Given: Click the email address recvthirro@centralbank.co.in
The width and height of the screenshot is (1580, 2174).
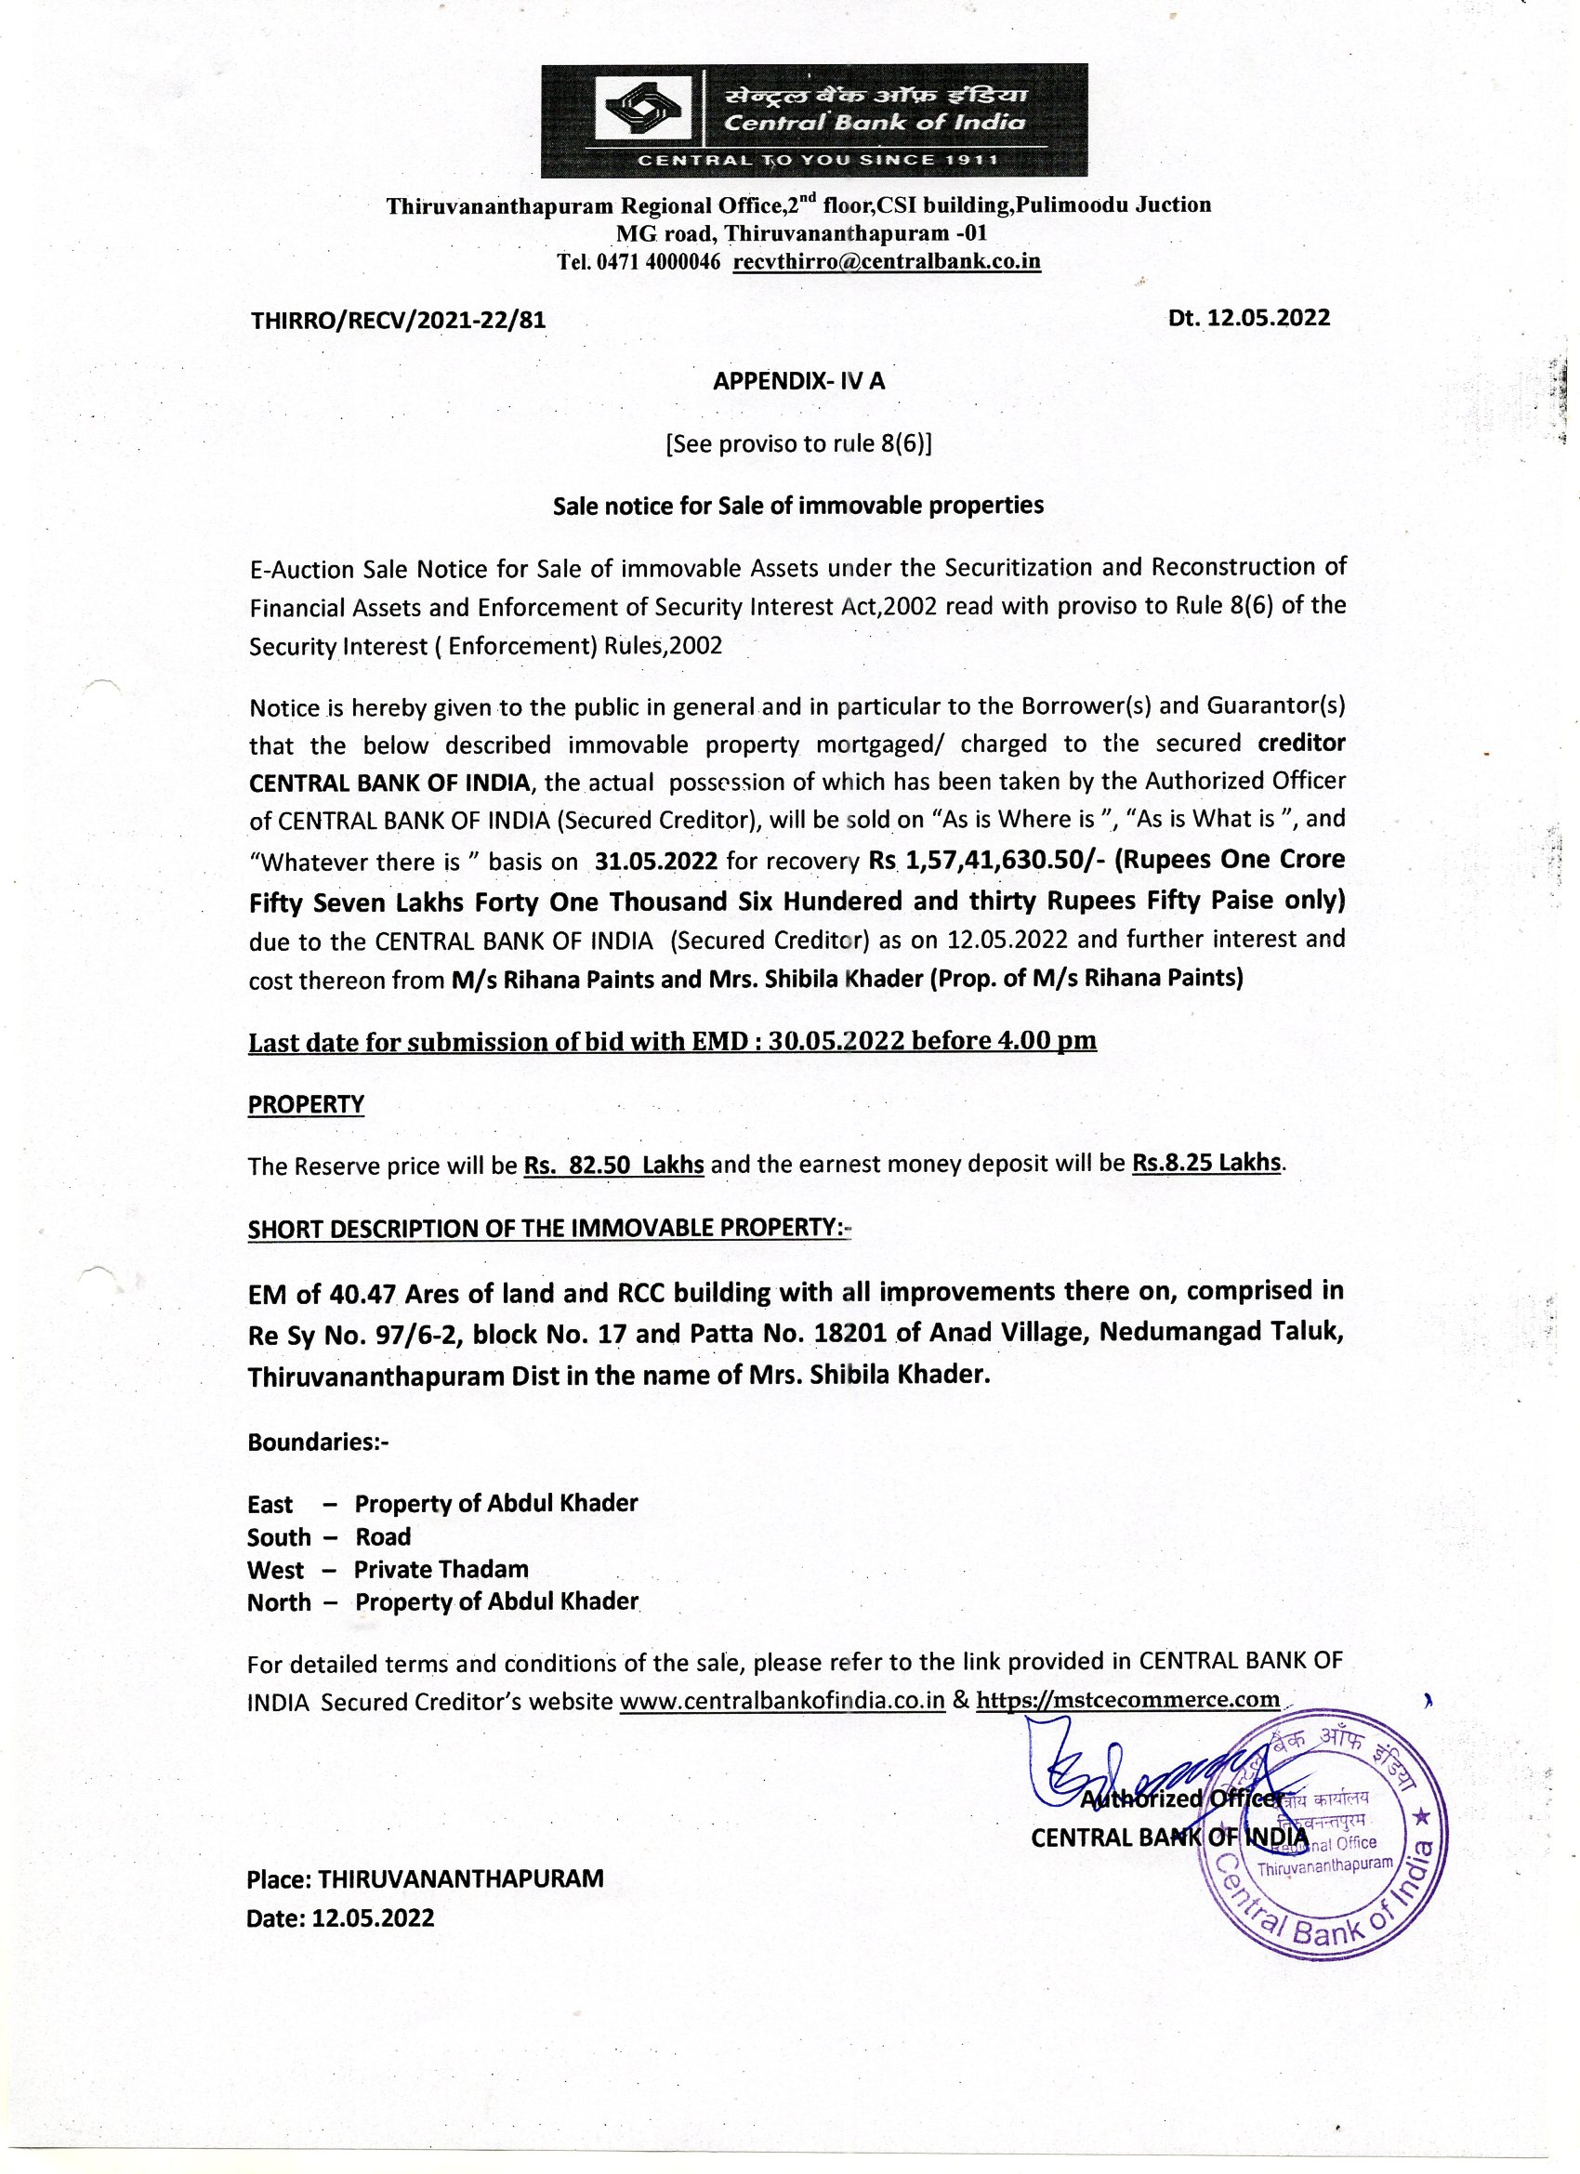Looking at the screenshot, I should pyautogui.click(x=887, y=262).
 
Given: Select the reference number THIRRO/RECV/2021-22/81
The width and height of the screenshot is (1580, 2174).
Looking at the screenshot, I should pyautogui.click(x=398, y=320).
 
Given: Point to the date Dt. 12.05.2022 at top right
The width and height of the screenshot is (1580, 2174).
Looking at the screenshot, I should pyautogui.click(x=1248, y=317).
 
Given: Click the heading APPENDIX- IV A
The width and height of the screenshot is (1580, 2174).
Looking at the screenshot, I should pyautogui.click(x=798, y=380).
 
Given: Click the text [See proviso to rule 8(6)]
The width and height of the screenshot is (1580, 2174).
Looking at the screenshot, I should pyautogui.click(x=798, y=443).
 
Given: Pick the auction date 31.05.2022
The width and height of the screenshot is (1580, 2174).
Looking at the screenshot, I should pyautogui.click(x=656, y=860).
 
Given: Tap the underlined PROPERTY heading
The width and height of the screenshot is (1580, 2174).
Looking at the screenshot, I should pyautogui.click(x=306, y=1104).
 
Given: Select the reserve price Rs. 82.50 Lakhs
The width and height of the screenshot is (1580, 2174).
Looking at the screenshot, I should pyautogui.click(x=613, y=1165).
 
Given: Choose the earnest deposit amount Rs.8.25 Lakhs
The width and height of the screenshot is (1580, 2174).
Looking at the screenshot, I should pyautogui.click(x=1207, y=1162).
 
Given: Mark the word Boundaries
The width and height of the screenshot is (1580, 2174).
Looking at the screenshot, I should pyautogui.click(x=313, y=1442).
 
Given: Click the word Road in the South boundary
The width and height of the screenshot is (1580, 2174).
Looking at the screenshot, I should pyautogui.click(x=384, y=1536).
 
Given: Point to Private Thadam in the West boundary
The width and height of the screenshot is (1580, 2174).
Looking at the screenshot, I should pyautogui.click(x=441, y=1569).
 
